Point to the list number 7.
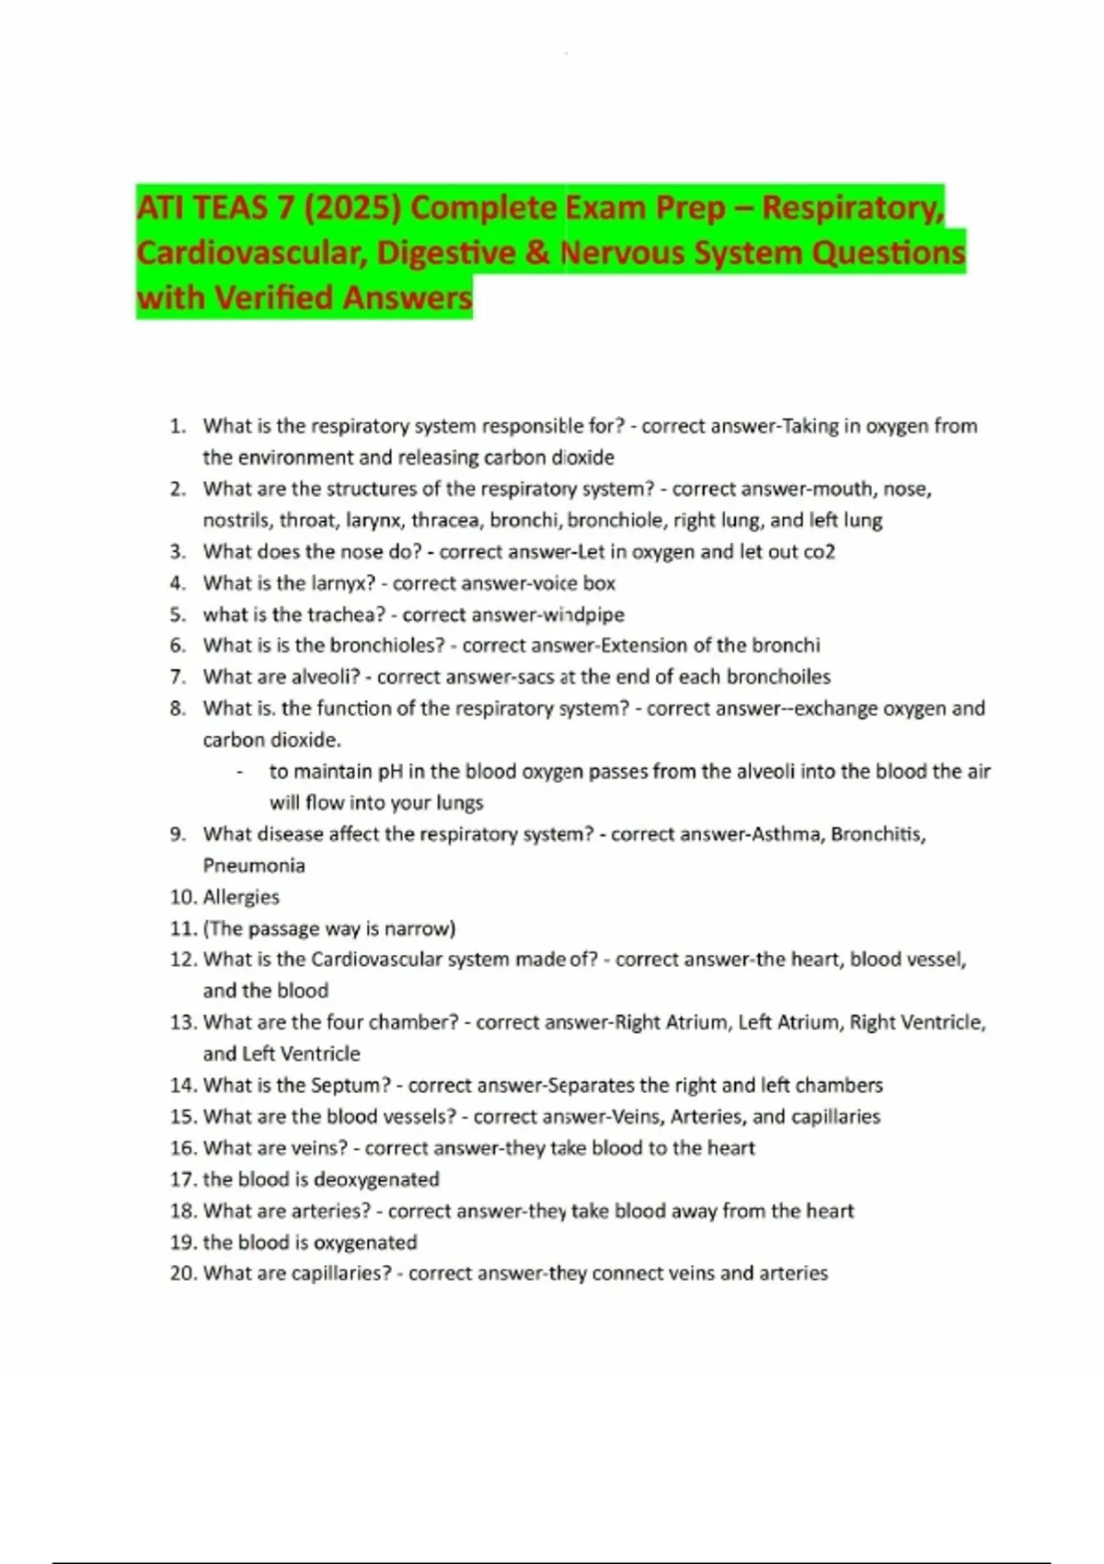178,677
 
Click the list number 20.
183,1273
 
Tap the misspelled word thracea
445,521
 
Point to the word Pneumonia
254,866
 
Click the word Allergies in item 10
241,897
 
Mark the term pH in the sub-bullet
392,772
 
